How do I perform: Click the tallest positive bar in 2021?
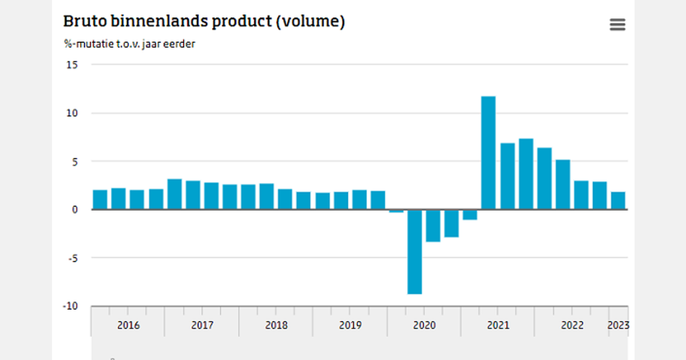(488, 153)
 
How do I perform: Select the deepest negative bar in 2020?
(414, 251)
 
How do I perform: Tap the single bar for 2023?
(618, 201)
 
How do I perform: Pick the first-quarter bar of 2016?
(100, 199)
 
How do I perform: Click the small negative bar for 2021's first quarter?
(470, 214)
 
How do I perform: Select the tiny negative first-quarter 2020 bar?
(396, 211)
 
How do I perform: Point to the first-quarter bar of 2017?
(174, 194)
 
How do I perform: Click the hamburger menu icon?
(617, 25)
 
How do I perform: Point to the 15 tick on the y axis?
(72, 65)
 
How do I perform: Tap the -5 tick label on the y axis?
(72, 258)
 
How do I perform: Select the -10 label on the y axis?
(70, 306)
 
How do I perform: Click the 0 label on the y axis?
(74, 210)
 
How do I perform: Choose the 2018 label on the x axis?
(276, 325)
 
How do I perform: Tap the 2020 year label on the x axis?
(424, 325)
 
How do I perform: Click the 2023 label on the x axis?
(619, 325)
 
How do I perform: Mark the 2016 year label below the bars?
(128, 325)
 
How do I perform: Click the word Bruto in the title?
(83, 22)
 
